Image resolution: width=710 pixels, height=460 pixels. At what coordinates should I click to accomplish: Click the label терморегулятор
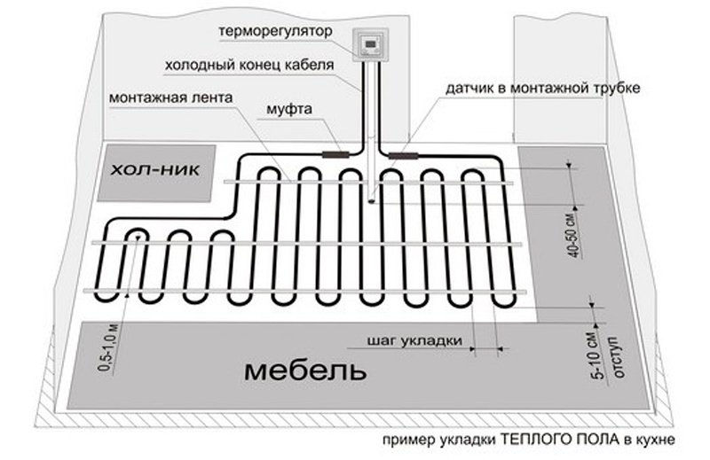point(275,31)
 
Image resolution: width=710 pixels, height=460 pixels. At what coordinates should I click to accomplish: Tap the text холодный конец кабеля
point(249,65)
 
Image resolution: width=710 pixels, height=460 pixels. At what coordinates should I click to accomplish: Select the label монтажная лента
point(171,97)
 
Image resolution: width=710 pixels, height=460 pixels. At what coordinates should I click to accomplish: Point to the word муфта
point(289,109)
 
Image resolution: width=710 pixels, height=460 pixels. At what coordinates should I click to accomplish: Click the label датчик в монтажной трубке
point(543,87)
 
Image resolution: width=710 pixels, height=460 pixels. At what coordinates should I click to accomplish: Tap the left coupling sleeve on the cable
point(335,154)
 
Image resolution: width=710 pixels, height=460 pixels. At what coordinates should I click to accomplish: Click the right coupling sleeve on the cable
point(404,156)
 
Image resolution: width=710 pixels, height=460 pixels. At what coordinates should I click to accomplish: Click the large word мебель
point(305,370)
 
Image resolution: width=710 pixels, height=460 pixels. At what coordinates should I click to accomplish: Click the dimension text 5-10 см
point(598,357)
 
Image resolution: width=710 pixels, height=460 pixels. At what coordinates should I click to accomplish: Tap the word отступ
point(618,357)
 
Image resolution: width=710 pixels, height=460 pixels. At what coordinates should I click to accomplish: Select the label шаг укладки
point(414,340)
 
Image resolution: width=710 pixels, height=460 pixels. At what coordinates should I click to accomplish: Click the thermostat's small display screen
point(371,45)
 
